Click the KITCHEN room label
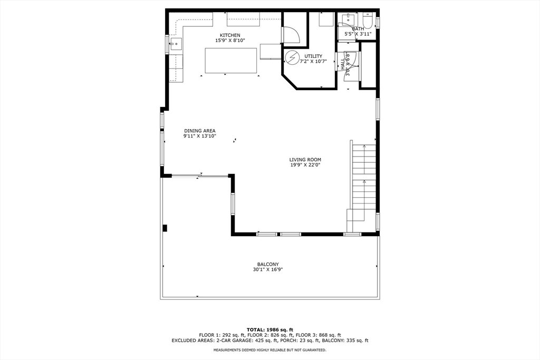tap(230, 35)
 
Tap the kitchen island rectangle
tap(231, 61)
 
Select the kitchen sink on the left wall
tap(176, 44)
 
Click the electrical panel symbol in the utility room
tap(292, 57)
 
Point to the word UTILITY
tap(313, 56)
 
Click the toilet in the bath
tap(368, 21)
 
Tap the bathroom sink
tap(349, 17)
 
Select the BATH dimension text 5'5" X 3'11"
tap(358, 34)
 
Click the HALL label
tap(343, 64)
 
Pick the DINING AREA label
tap(200, 131)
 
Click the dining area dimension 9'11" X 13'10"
tap(200, 136)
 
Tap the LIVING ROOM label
tap(305, 160)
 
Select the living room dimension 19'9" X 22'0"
tap(305, 165)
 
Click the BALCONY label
tap(268, 264)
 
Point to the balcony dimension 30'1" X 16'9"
tap(268, 269)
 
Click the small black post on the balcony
tap(165, 228)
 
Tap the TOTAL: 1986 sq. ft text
tap(270, 330)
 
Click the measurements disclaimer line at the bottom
tap(270, 350)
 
